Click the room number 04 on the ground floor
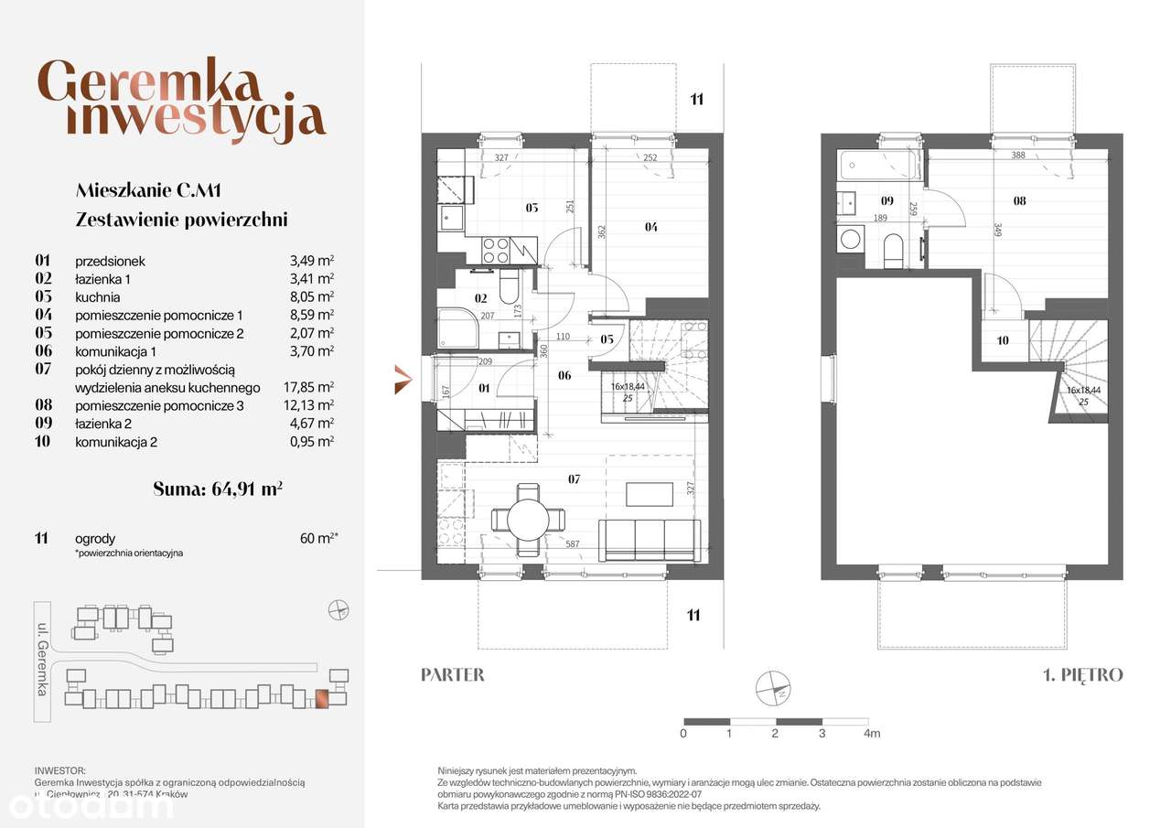tap(650, 227)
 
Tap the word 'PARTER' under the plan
tap(452, 675)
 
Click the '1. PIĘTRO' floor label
tap(1082, 675)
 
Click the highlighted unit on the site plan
tap(321, 698)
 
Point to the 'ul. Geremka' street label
tap(42, 649)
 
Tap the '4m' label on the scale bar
tap(871, 734)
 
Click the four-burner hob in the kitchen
tap(495, 251)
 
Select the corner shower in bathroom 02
tap(456, 328)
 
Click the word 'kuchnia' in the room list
tap(98, 297)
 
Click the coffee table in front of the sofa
tap(650, 494)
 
